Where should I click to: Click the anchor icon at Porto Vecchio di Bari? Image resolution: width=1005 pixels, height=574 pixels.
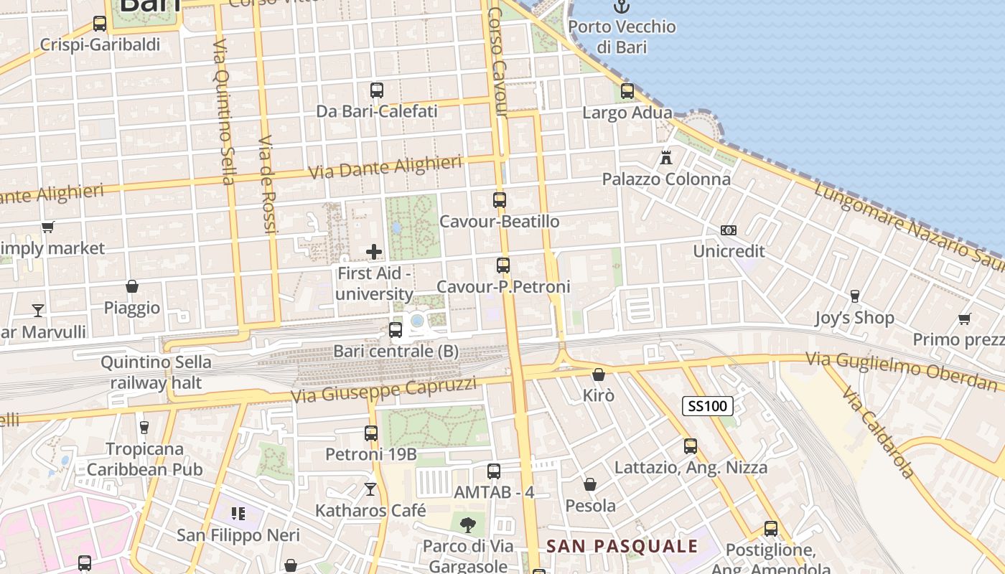(x=622, y=7)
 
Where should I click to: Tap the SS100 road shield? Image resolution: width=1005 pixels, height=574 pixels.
(x=708, y=406)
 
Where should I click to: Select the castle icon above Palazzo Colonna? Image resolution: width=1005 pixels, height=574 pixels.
(x=666, y=157)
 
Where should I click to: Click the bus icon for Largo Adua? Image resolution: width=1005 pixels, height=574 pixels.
(x=627, y=91)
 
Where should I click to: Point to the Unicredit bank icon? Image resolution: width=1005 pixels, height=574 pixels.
(x=729, y=230)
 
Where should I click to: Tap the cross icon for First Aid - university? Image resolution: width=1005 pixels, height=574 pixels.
(x=374, y=252)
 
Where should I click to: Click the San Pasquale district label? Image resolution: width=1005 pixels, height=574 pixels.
(x=622, y=546)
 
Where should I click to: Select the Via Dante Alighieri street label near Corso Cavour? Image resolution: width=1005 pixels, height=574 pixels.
(x=385, y=168)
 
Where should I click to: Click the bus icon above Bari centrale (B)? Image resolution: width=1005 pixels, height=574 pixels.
(x=396, y=330)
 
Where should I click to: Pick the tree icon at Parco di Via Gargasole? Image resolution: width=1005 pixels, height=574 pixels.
(x=468, y=524)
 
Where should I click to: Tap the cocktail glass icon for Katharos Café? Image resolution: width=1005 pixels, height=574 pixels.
(x=370, y=489)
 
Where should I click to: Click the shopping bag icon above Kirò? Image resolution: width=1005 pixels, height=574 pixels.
(x=599, y=375)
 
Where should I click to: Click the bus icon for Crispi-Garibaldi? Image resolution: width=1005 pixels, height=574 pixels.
(x=100, y=24)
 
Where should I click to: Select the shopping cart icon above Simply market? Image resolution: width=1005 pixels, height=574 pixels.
(x=48, y=227)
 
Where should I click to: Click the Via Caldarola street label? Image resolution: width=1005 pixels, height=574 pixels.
(x=879, y=433)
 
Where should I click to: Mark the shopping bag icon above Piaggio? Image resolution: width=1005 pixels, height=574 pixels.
(x=132, y=286)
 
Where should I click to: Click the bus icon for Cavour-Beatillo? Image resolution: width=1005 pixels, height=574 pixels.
(x=500, y=200)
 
